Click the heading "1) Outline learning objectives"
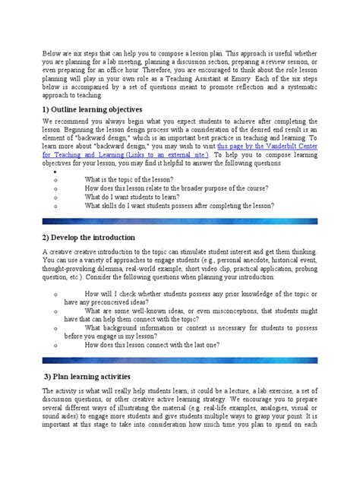[x=93, y=109]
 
